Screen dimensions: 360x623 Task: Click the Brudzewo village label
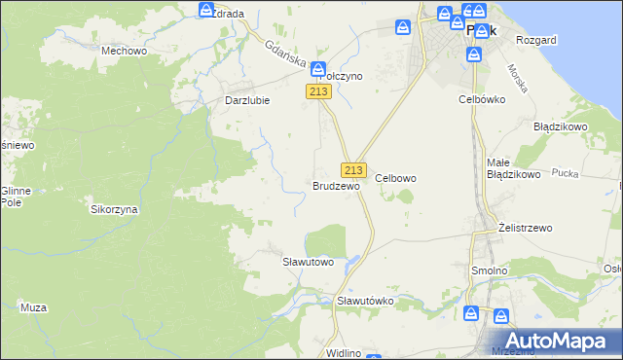(336, 185)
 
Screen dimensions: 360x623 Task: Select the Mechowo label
(124, 50)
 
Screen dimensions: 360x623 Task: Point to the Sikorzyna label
(114, 209)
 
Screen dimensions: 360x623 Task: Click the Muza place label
(33, 307)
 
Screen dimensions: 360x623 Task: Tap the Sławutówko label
(365, 301)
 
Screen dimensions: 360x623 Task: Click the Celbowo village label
(396, 178)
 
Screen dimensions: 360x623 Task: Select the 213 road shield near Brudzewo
(353, 169)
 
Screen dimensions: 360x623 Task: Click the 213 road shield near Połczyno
(319, 91)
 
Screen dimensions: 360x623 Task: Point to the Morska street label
(517, 78)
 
